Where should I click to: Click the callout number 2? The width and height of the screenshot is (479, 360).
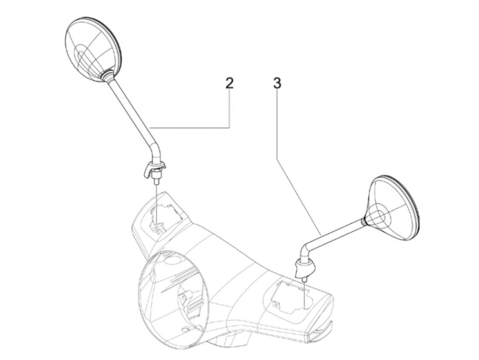[229, 84]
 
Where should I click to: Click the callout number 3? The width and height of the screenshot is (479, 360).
[277, 84]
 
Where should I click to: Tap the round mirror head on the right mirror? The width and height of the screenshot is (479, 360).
[393, 208]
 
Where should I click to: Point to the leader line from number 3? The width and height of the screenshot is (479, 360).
[298, 161]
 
